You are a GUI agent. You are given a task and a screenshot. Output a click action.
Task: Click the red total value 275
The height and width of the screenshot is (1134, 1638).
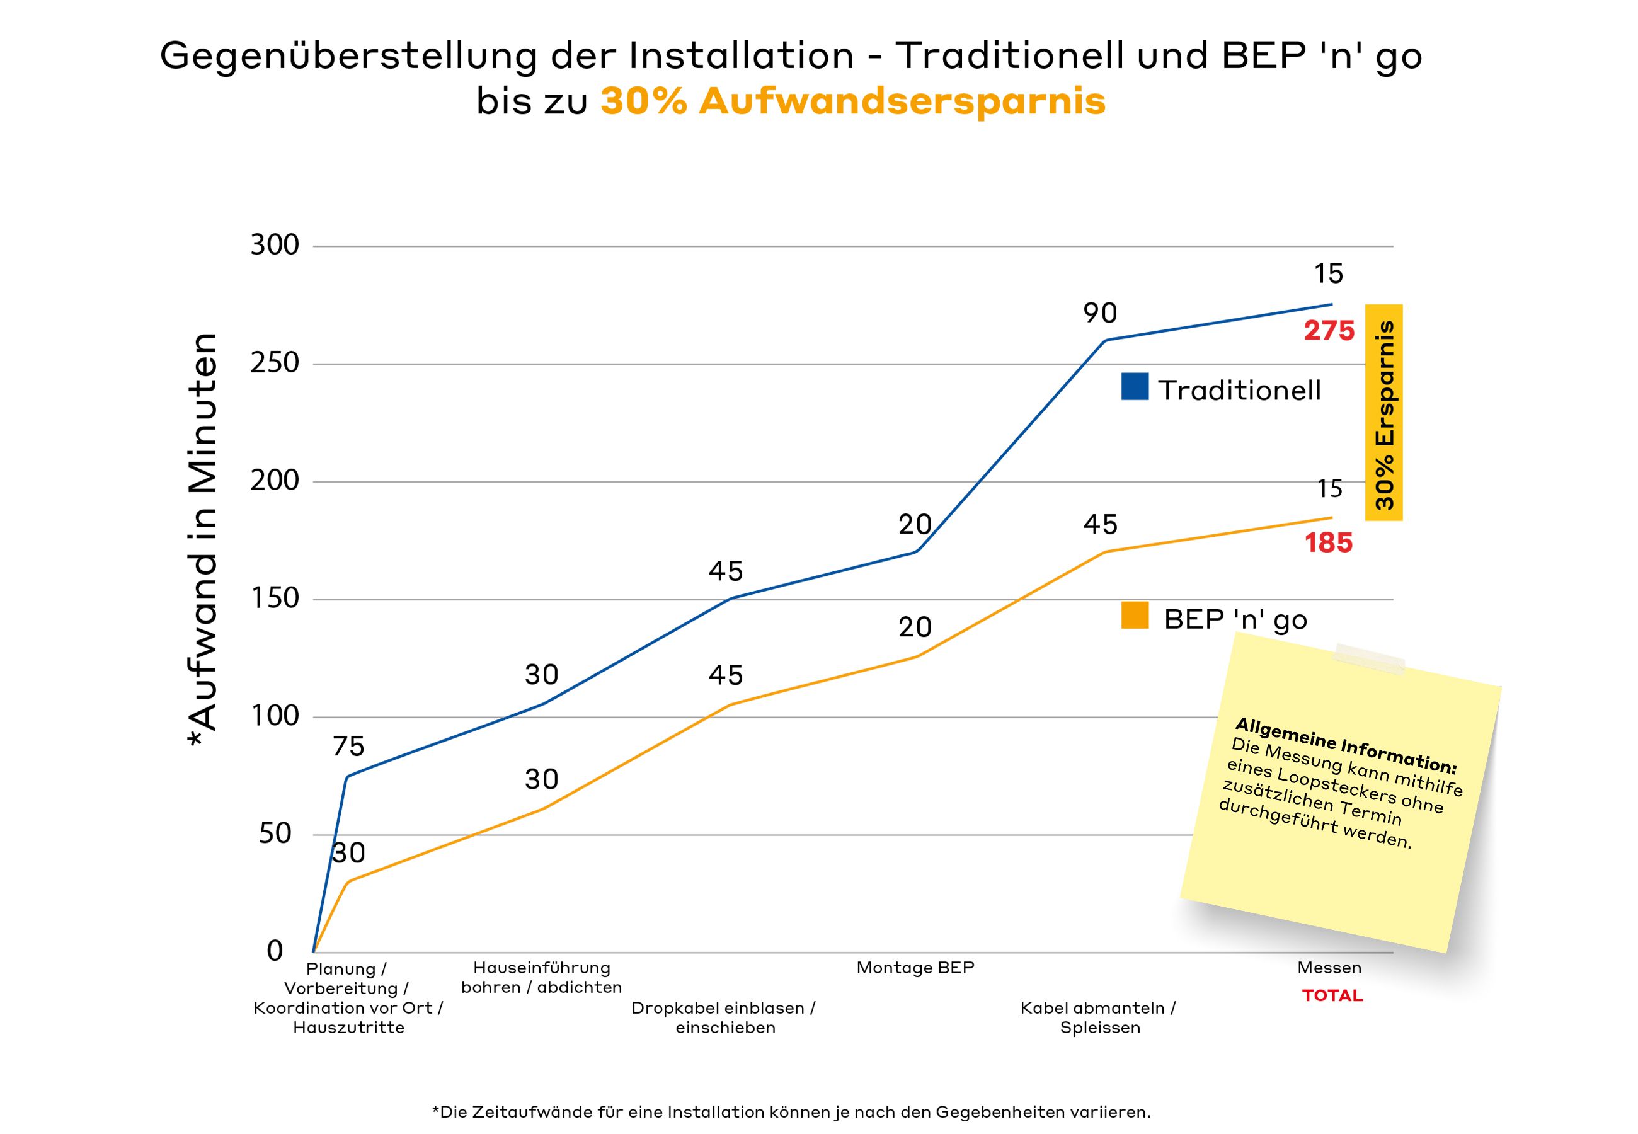coord(1328,331)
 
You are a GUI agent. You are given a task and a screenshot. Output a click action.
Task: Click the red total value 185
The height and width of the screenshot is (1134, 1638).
coord(1328,544)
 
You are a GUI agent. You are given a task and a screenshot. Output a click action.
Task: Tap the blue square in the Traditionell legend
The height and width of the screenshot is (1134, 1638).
coord(1135,387)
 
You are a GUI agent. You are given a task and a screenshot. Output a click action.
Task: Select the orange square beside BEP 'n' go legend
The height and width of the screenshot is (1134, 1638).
coord(1135,616)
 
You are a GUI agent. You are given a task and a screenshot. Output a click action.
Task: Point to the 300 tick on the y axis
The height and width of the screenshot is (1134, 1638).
coord(274,245)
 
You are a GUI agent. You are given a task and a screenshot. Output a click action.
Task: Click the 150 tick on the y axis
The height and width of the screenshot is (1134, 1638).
coord(274,598)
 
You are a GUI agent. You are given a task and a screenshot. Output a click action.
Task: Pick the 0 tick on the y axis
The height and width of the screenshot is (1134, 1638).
coord(275,951)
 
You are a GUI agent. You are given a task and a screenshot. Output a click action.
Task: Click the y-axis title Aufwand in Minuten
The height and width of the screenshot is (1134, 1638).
coord(202,540)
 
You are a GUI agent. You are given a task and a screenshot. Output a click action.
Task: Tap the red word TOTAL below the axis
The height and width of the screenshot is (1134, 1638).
coord(1332,996)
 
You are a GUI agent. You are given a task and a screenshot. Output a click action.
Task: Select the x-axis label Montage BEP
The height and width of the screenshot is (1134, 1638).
coord(915,968)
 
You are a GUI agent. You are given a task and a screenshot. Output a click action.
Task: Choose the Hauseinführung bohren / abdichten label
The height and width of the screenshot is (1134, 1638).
coord(541,978)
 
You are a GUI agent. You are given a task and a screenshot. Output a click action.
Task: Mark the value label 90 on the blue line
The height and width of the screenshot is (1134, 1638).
coord(1099,313)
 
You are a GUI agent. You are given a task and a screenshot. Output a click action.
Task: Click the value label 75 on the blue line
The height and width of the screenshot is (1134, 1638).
coord(348,747)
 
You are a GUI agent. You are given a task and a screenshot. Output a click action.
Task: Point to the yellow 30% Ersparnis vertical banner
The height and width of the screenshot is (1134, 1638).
coord(1383,413)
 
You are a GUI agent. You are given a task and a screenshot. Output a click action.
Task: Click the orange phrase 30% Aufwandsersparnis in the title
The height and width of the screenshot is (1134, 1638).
coord(852,101)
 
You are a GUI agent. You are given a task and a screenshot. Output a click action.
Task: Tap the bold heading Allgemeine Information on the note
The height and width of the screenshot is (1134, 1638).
coord(1345,745)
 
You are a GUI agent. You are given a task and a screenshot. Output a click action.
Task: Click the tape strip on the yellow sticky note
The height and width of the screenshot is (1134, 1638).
coord(1369,658)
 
